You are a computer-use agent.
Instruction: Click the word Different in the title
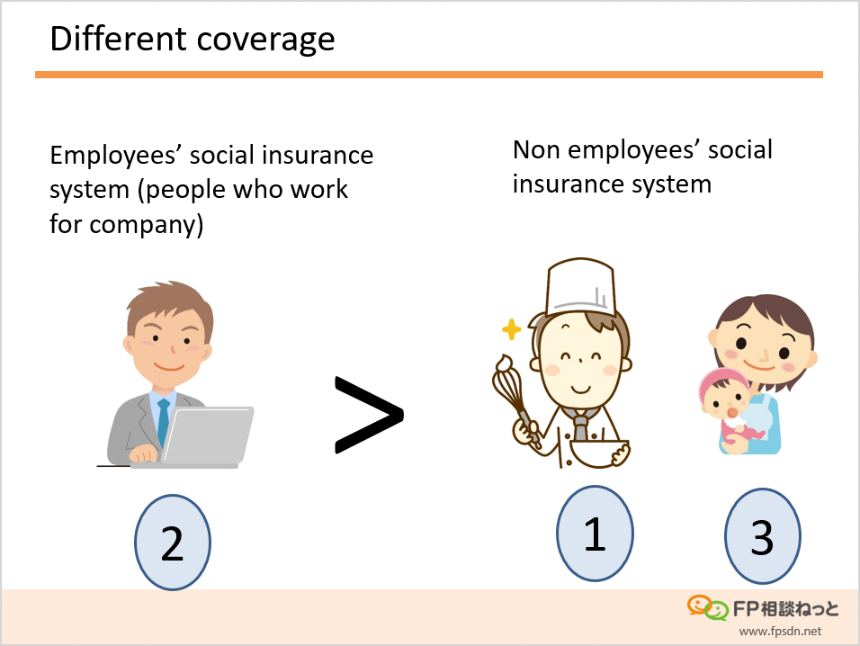tap(118, 39)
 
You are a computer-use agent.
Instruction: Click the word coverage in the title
tap(265, 40)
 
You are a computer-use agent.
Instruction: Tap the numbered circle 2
tap(173, 543)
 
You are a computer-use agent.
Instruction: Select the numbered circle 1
tap(596, 533)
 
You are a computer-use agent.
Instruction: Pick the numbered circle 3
tap(762, 536)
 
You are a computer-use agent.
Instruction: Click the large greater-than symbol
tap(369, 415)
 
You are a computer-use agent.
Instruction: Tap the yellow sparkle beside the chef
tap(511, 329)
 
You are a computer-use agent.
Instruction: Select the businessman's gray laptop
tap(207, 436)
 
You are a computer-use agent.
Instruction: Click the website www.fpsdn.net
tap(780, 632)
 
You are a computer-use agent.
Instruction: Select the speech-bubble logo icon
tap(708, 607)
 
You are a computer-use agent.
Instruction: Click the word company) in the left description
tap(147, 225)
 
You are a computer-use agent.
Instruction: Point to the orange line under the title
tap(429, 75)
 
